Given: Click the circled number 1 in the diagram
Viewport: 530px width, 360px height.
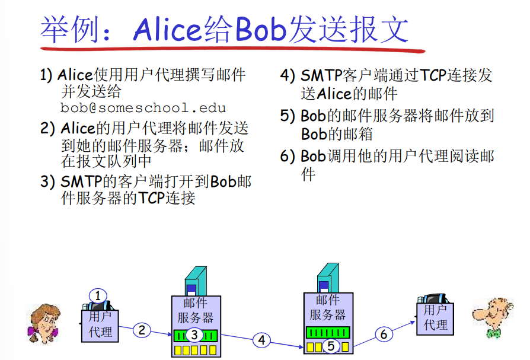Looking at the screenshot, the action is pos(98,296).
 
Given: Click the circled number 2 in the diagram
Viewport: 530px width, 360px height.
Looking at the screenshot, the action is pos(141,330).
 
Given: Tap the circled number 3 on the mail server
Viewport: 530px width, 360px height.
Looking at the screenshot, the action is pos(194,335).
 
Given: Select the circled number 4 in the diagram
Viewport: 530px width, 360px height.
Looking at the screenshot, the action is pos(261,340).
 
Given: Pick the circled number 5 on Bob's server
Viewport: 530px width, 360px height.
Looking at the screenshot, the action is pos(330,346).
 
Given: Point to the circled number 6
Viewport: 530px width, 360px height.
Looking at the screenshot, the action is pos(384,334).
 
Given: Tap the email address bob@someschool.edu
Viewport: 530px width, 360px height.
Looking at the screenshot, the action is pos(143,108).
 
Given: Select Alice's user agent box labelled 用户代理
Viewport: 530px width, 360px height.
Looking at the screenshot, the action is pos(100,324).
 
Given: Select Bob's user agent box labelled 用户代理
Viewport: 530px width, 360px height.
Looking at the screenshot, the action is pos(435,318).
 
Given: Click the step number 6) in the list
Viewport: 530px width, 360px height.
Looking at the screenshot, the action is pos(288,157).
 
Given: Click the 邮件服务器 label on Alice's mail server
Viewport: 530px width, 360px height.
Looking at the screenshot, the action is pos(195,310).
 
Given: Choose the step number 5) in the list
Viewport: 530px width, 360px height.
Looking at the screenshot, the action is pos(288,116).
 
